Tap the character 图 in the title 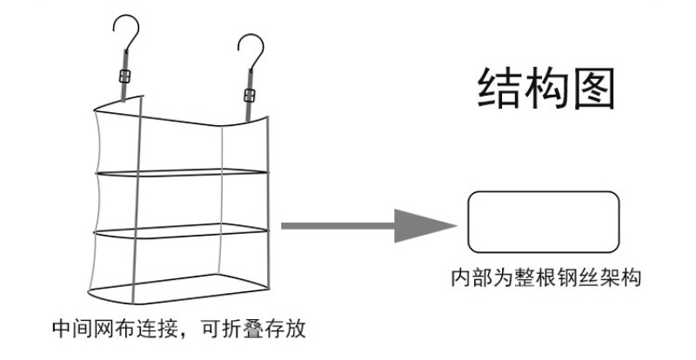[x=595, y=86]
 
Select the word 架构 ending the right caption [x=622, y=279]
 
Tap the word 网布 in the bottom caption [x=106, y=330]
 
